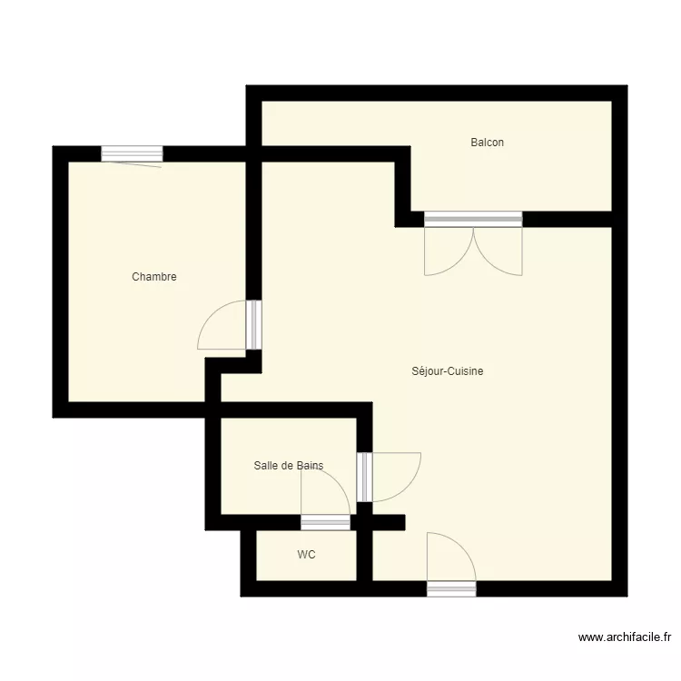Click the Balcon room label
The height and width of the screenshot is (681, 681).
click(x=487, y=143)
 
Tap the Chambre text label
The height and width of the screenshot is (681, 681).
click(x=154, y=277)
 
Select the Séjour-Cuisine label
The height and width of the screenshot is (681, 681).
click(x=447, y=371)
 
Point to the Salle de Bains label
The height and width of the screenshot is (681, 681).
click(x=288, y=466)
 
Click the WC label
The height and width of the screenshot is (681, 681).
click(x=307, y=555)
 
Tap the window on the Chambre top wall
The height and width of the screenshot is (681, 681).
click(x=132, y=153)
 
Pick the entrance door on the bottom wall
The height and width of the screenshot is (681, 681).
click(x=451, y=588)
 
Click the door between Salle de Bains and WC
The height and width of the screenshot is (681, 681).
click(x=325, y=521)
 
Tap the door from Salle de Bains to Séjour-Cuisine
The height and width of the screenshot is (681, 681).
click(x=364, y=477)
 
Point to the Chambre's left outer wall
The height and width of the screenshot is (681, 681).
click(x=60, y=281)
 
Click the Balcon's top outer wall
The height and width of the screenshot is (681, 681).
click(x=436, y=93)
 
